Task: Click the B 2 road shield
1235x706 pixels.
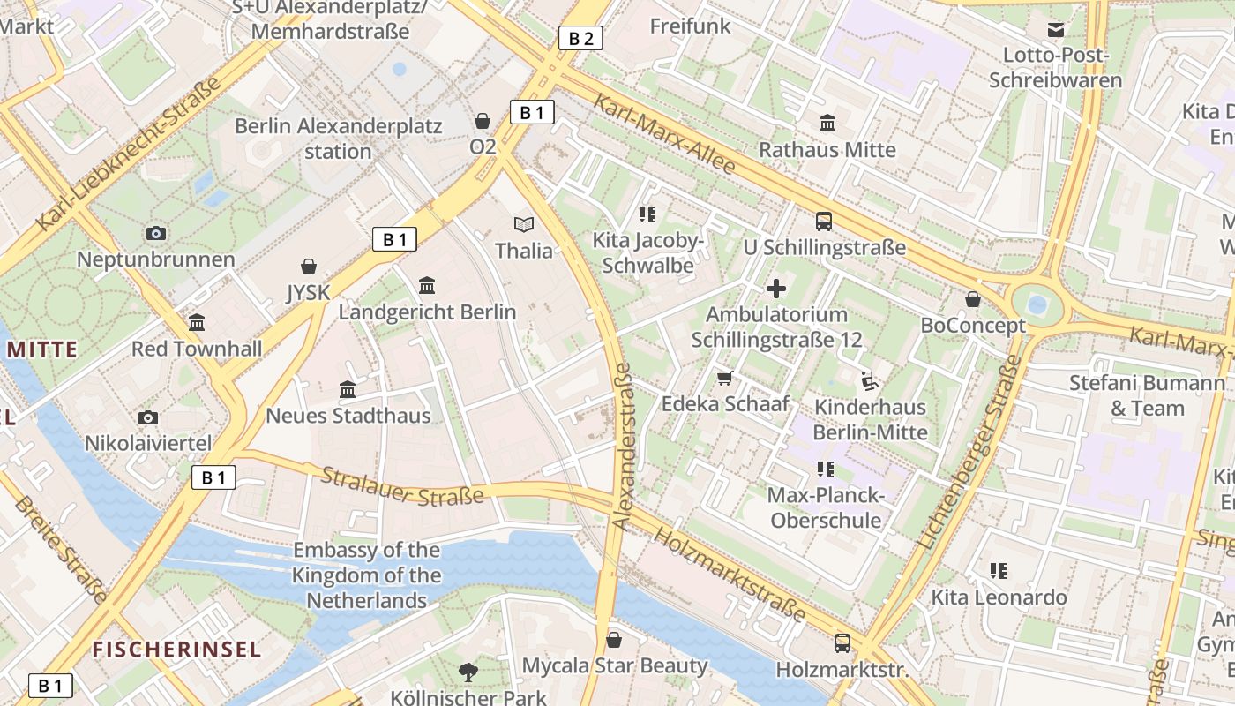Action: pyautogui.click(x=580, y=38)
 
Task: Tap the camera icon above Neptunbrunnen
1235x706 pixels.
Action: pyautogui.click(x=156, y=233)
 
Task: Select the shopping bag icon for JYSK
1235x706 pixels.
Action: pyautogui.click(x=309, y=267)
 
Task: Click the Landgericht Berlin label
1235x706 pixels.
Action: pyautogui.click(x=427, y=312)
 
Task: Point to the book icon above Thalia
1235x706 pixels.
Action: pyautogui.click(x=524, y=224)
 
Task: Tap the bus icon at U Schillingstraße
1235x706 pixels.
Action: pyautogui.click(x=824, y=222)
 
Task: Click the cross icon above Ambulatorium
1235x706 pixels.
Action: pyautogui.click(x=776, y=289)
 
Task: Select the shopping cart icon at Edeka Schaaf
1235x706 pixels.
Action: pyautogui.click(x=725, y=379)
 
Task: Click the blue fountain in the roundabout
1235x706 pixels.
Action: pyautogui.click(x=1037, y=305)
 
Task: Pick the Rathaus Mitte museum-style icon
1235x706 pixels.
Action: pyautogui.click(x=827, y=124)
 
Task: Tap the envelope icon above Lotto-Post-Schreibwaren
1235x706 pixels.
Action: pyautogui.click(x=1055, y=30)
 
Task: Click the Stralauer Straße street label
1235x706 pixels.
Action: pyautogui.click(x=402, y=486)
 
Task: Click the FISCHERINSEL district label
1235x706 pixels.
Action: pyautogui.click(x=176, y=650)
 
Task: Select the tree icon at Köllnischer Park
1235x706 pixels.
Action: pyautogui.click(x=468, y=672)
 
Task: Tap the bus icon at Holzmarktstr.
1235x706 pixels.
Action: pyautogui.click(x=842, y=643)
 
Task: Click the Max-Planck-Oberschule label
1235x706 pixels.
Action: pyautogui.click(x=825, y=507)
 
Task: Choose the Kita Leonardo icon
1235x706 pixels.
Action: pyautogui.click(x=999, y=571)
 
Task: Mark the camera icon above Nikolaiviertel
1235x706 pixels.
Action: pyautogui.click(x=148, y=417)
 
